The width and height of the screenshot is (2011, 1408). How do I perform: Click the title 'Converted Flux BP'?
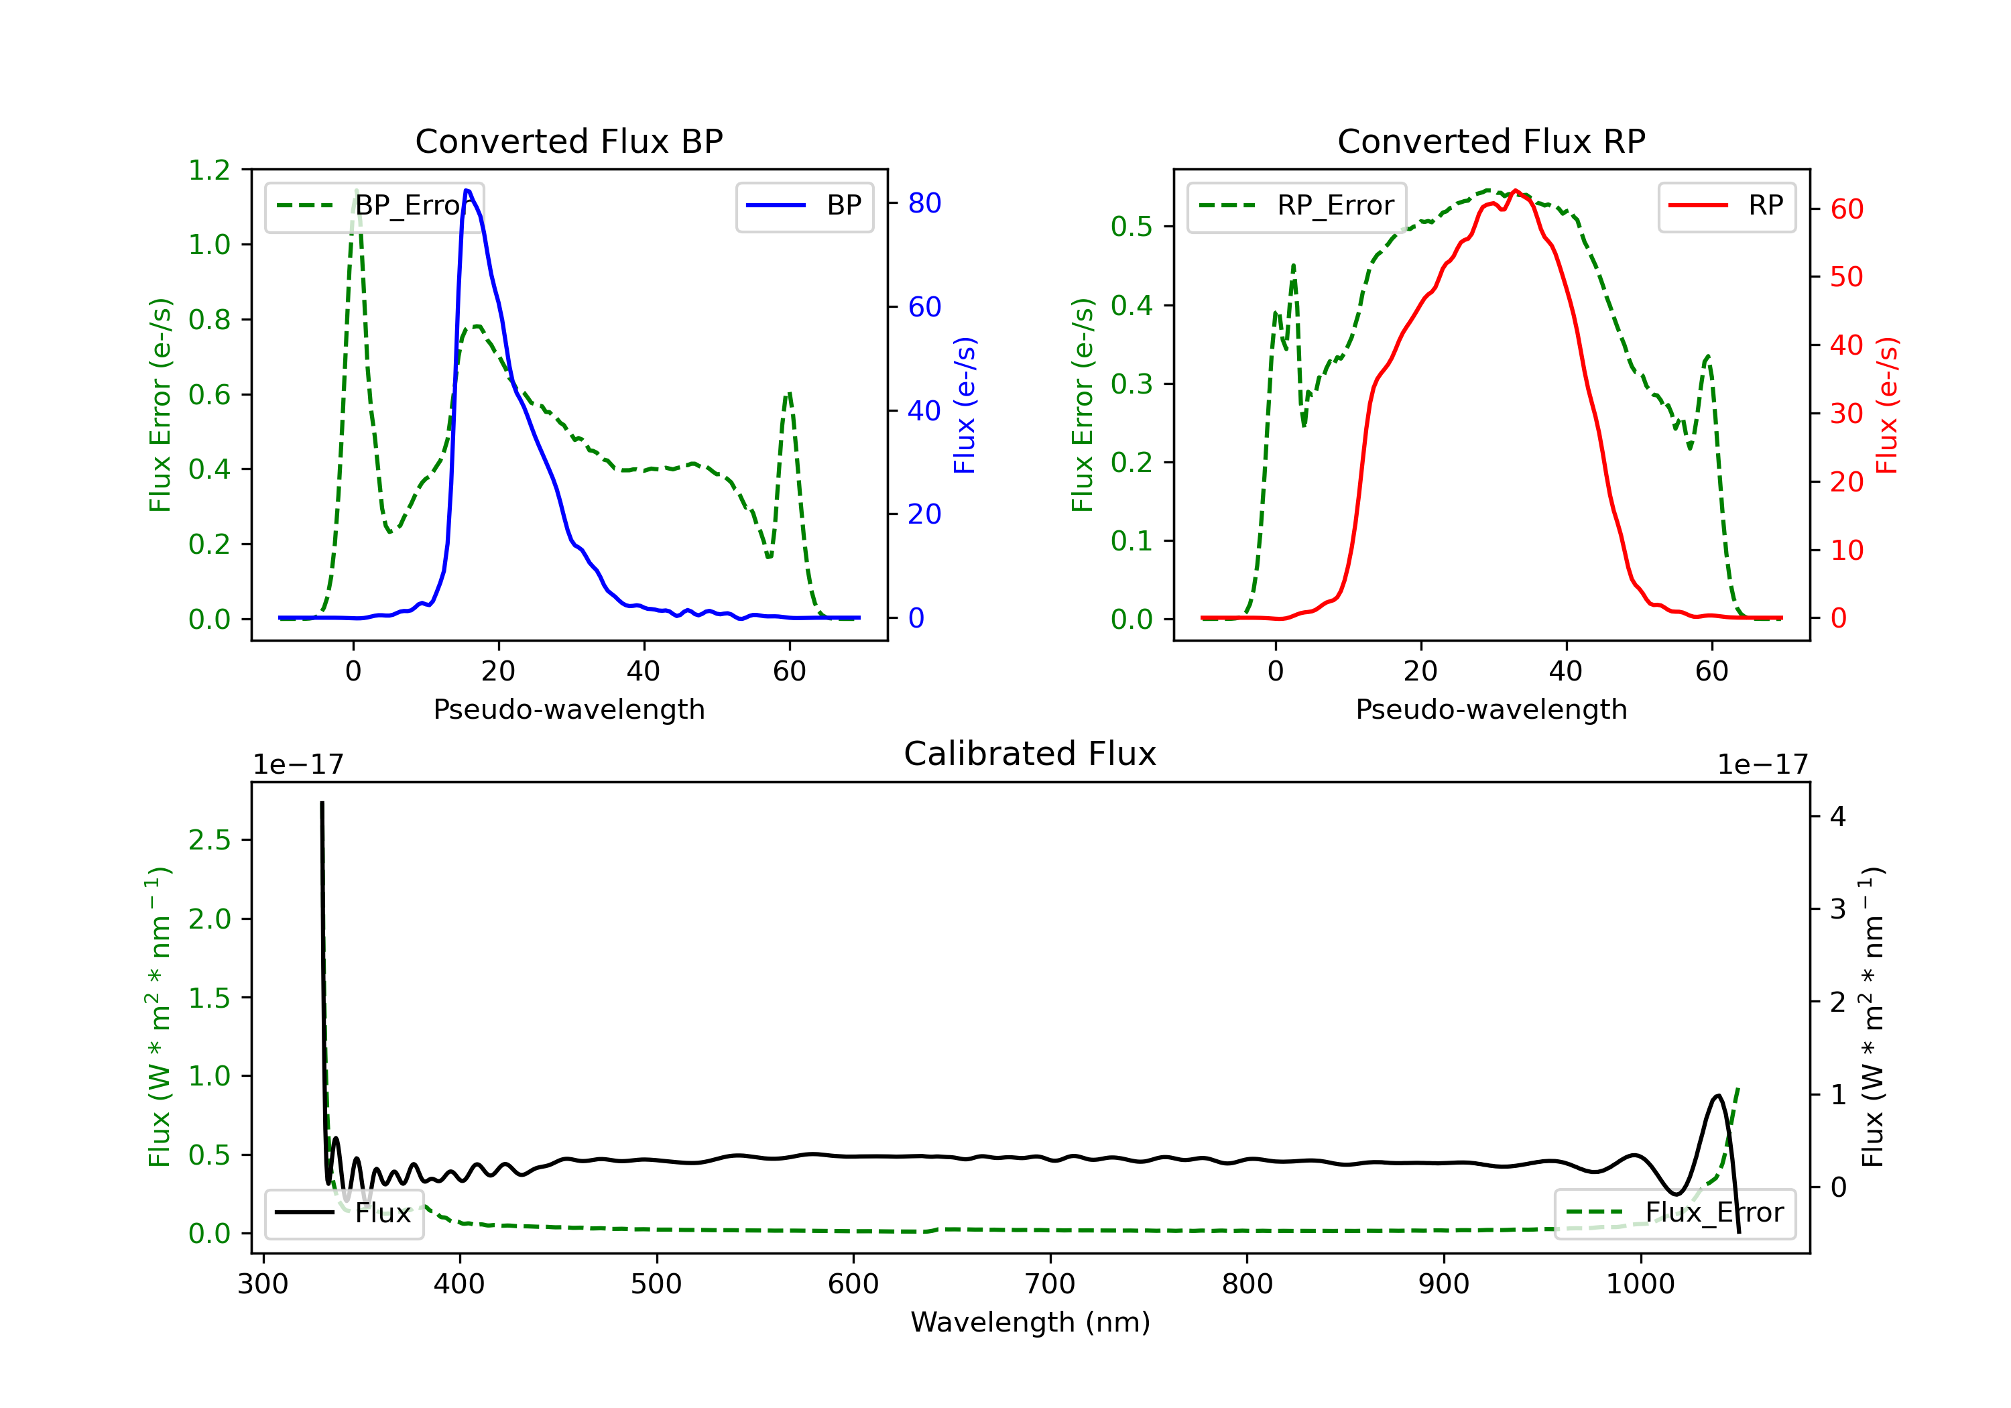point(568,141)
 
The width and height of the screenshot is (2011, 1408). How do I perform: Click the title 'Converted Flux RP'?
point(1491,141)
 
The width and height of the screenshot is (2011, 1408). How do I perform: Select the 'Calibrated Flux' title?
point(1030,754)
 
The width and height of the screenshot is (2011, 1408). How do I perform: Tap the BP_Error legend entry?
point(374,206)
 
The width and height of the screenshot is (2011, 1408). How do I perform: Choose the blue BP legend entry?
point(804,206)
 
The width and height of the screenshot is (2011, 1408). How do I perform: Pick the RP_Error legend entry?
point(1296,206)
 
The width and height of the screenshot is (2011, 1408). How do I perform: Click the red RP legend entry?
point(1726,206)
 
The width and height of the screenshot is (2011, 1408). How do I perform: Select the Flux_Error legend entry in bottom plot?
point(1674,1213)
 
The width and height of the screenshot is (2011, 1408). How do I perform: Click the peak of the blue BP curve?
point(467,190)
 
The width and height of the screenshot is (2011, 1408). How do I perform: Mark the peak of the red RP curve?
point(1515,190)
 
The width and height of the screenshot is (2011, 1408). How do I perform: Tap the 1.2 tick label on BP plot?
point(209,170)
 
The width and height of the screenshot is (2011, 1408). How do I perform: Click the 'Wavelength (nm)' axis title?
point(1030,1322)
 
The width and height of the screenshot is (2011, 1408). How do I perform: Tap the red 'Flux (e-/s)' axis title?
point(1886,405)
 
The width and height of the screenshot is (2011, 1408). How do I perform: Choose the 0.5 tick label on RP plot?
point(1132,227)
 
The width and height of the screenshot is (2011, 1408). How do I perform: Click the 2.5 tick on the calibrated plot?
point(209,840)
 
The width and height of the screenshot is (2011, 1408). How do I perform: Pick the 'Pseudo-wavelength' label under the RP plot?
point(1491,709)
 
